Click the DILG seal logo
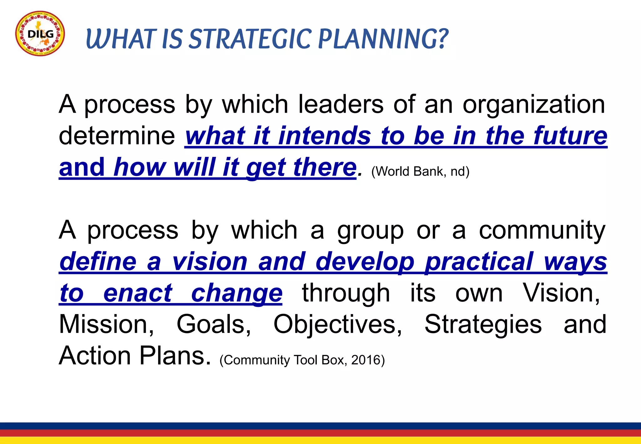click(40, 34)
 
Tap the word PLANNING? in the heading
click(383, 39)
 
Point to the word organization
click(534, 105)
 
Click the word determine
click(117, 136)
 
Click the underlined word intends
click(325, 136)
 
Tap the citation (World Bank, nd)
click(420, 172)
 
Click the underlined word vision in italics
click(210, 261)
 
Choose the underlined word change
click(237, 293)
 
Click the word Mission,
click(106, 324)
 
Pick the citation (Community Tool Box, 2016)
click(302, 360)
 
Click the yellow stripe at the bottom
click(320, 440)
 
